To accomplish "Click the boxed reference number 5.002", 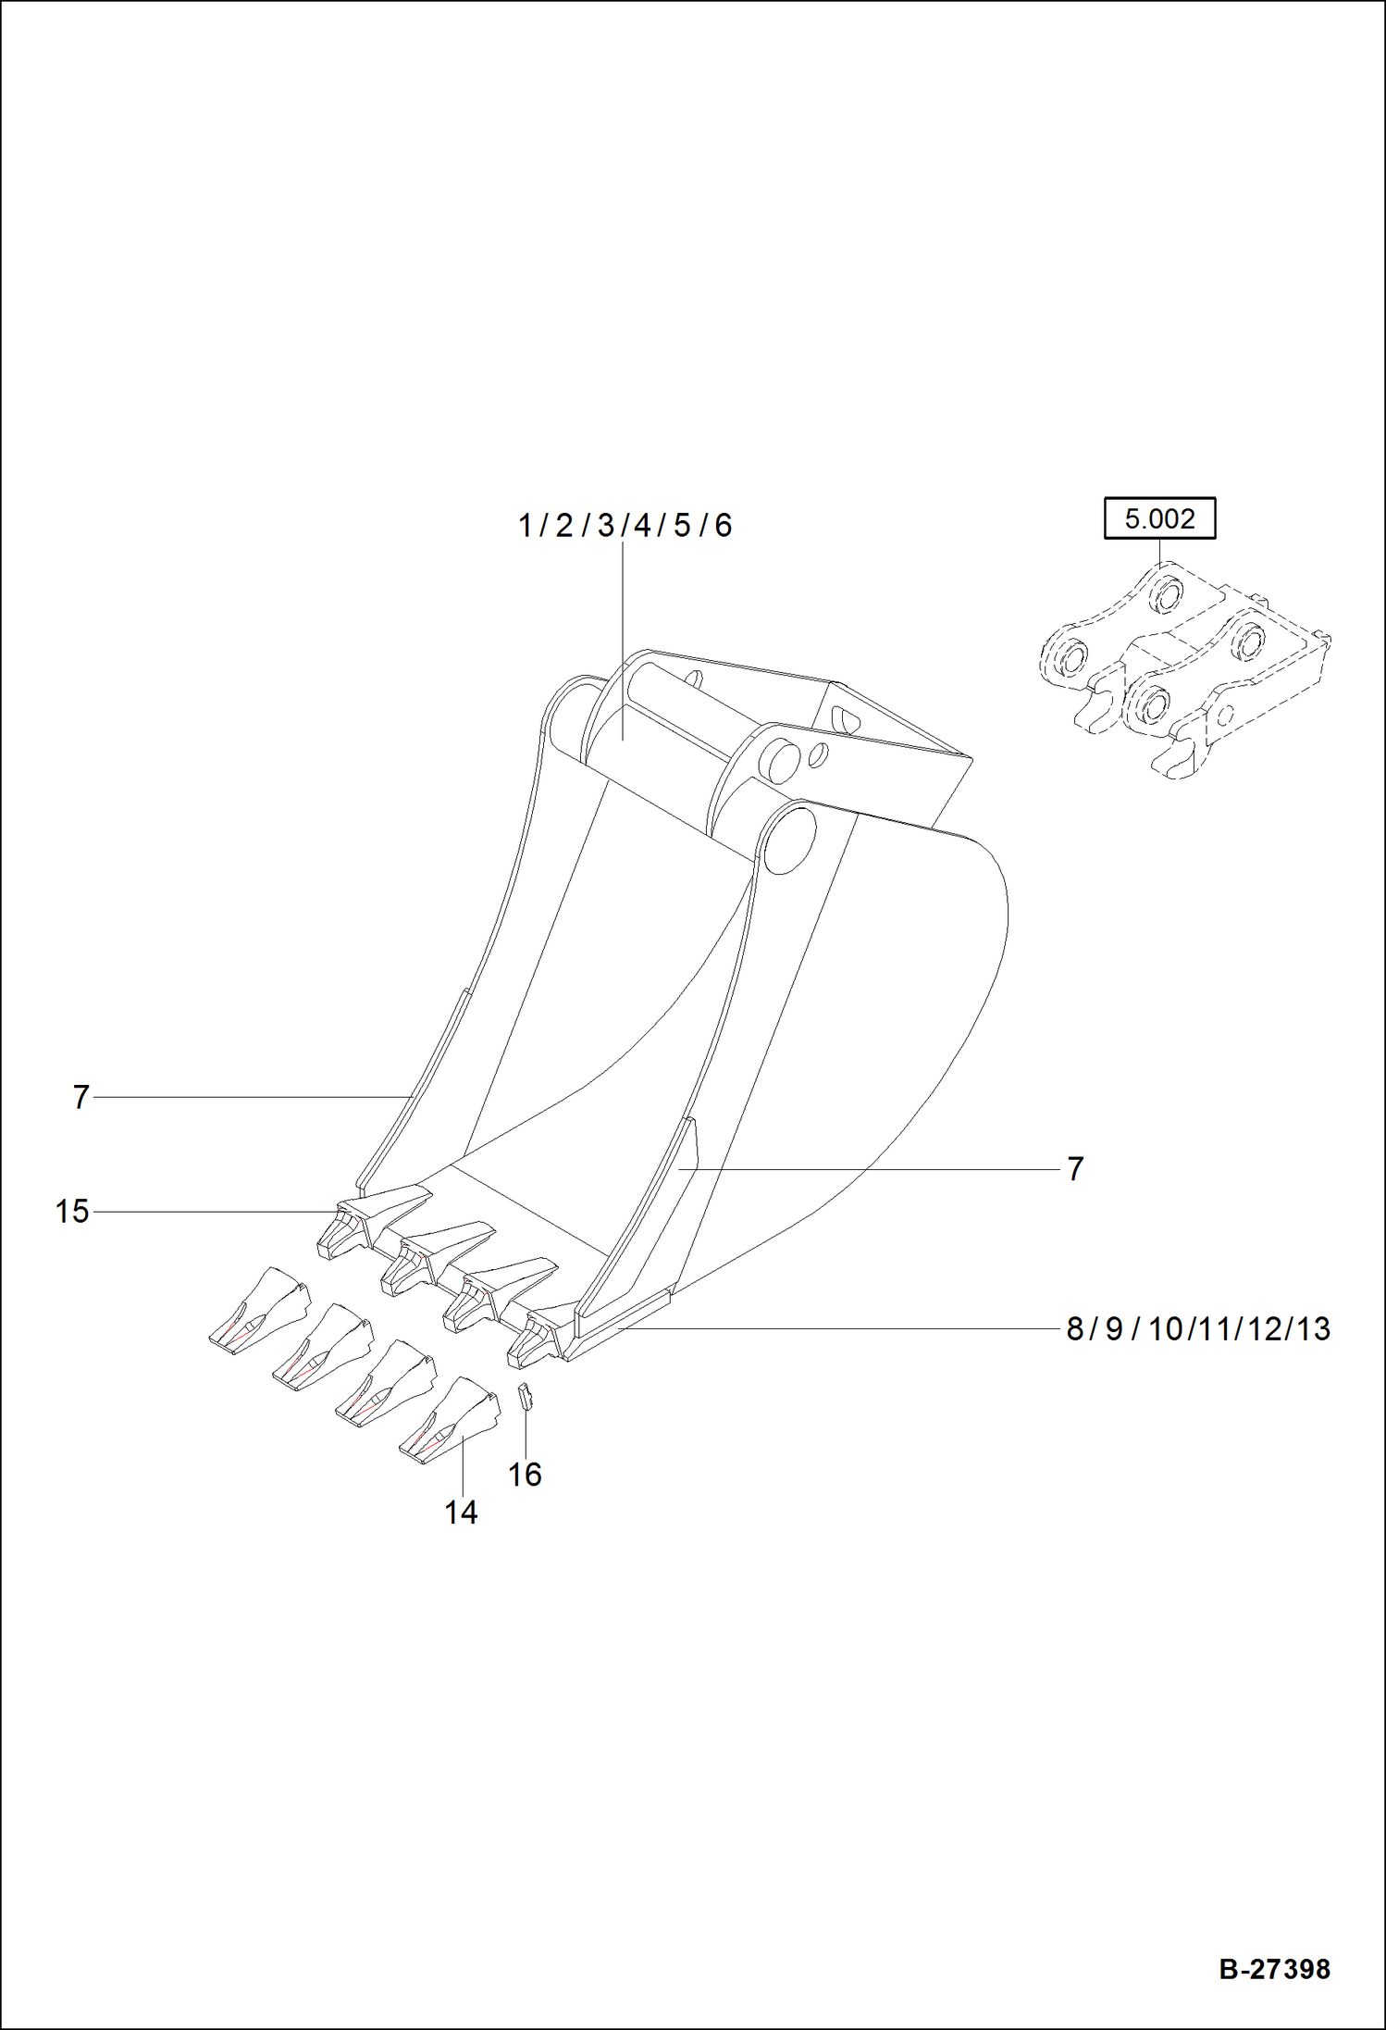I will (x=1159, y=518).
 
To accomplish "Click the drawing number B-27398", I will (x=1274, y=1968).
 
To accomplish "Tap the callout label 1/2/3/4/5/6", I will (x=625, y=525).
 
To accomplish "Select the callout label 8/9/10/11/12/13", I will (x=1198, y=1328).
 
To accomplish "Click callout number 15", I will (x=72, y=1211).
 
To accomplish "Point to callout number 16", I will (x=525, y=1474).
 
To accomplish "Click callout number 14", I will (x=461, y=1513).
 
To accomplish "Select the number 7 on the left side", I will (x=81, y=1097).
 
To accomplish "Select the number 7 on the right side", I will (x=1074, y=1168).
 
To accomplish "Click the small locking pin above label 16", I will (x=525, y=1395).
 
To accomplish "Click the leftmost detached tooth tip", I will (x=260, y=1310).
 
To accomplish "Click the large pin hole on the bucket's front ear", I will (x=789, y=838).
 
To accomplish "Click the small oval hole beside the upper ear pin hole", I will (x=818, y=755).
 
